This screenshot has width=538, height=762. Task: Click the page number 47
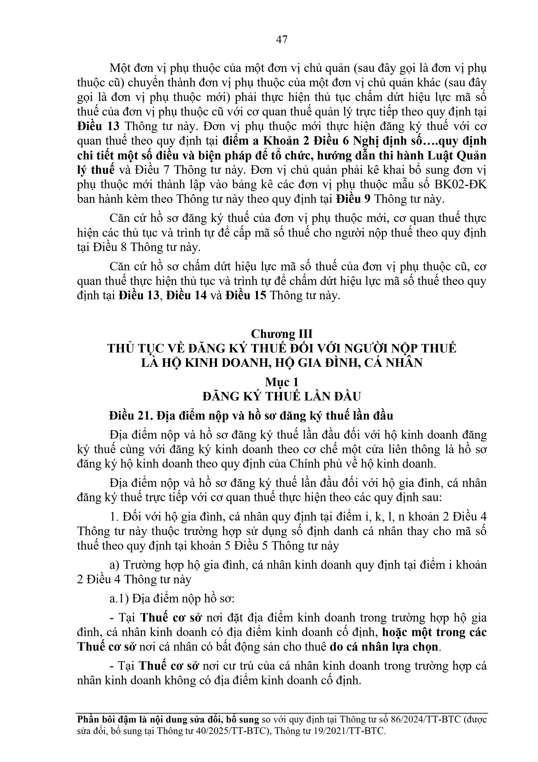click(281, 40)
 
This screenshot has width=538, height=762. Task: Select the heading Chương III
click(281, 333)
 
